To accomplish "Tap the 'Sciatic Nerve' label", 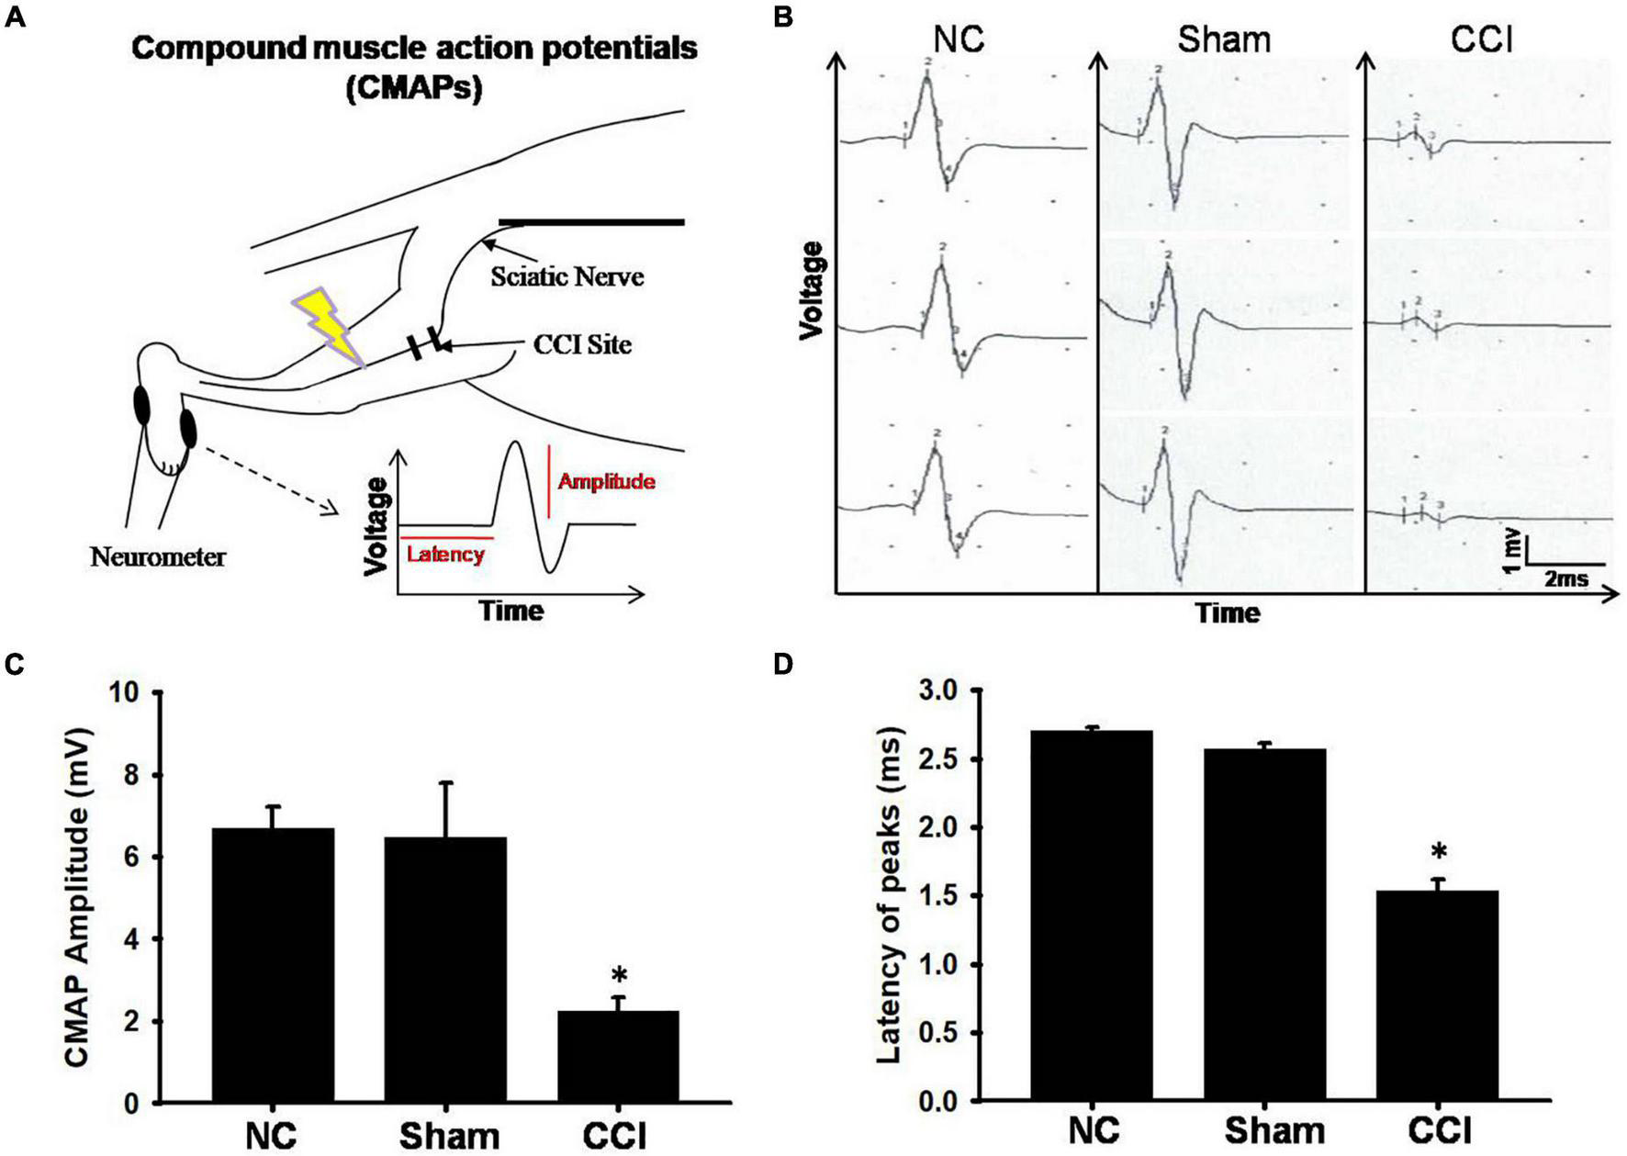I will point(567,276).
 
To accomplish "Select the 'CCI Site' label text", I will point(583,345).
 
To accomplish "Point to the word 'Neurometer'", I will point(158,556).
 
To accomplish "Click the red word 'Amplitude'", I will point(606,481).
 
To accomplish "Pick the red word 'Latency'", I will point(445,554).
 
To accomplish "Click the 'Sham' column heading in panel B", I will point(1224,39).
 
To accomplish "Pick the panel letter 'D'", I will point(783,663).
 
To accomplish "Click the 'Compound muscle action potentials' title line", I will point(414,48).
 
